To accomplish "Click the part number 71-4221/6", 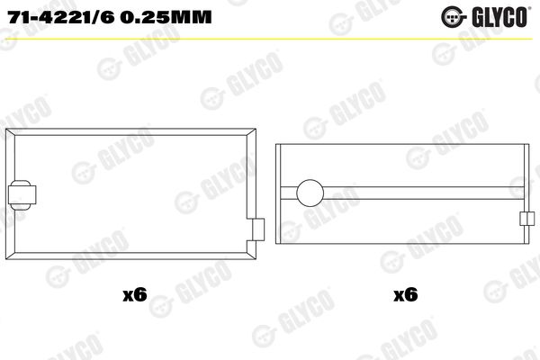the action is pyautogui.click(x=61, y=17).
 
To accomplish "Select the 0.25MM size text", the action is pyautogui.click(x=166, y=17).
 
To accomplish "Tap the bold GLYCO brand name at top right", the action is pyautogui.click(x=500, y=17).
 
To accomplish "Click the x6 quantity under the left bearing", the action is pyautogui.click(x=135, y=294).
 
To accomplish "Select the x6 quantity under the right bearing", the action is pyautogui.click(x=406, y=294).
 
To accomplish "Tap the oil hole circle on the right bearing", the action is pyautogui.click(x=310, y=193).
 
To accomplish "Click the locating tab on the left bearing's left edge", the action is pyautogui.click(x=22, y=195).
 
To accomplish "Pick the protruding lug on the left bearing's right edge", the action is pyautogui.click(x=258, y=229).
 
